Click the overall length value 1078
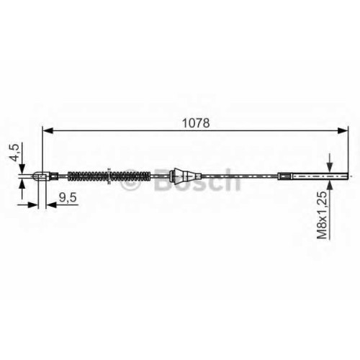[196, 123]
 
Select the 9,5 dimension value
[68, 197]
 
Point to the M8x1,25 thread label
[322, 215]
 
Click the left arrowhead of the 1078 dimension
[48, 131]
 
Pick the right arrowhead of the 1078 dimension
[343, 131]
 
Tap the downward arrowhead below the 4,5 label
[22, 168]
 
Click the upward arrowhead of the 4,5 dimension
[22, 184]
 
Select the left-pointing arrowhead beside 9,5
[51, 205]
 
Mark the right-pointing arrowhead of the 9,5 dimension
[33, 205]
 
